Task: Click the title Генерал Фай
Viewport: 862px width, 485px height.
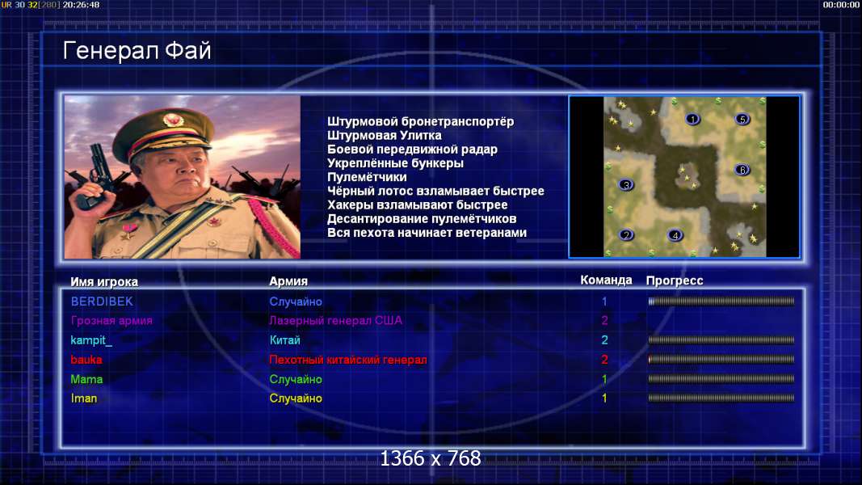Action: (137, 51)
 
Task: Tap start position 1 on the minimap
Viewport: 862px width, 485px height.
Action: (692, 119)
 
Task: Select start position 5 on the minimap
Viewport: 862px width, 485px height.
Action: (742, 119)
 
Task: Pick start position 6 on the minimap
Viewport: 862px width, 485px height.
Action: (742, 170)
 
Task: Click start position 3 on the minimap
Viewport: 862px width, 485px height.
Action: (625, 185)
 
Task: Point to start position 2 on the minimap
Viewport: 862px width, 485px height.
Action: (625, 235)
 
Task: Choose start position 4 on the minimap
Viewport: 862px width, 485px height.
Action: (675, 235)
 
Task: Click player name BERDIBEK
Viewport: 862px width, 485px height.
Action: (102, 302)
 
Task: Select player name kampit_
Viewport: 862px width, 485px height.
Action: (91, 340)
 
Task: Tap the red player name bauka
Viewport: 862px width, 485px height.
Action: (86, 360)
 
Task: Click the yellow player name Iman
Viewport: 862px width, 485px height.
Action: (83, 399)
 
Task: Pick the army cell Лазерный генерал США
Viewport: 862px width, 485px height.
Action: (335, 321)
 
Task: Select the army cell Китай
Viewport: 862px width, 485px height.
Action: (284, 340)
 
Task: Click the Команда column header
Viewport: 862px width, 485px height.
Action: (606, 280)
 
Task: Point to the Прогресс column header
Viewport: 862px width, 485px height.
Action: (675, 281)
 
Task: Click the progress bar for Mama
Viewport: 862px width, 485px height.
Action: (721, 379)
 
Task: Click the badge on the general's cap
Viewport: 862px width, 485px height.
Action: (173, 119)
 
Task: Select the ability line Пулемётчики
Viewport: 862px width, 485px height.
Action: (367, 177)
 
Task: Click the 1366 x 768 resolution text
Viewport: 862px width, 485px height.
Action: (431, 458)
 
